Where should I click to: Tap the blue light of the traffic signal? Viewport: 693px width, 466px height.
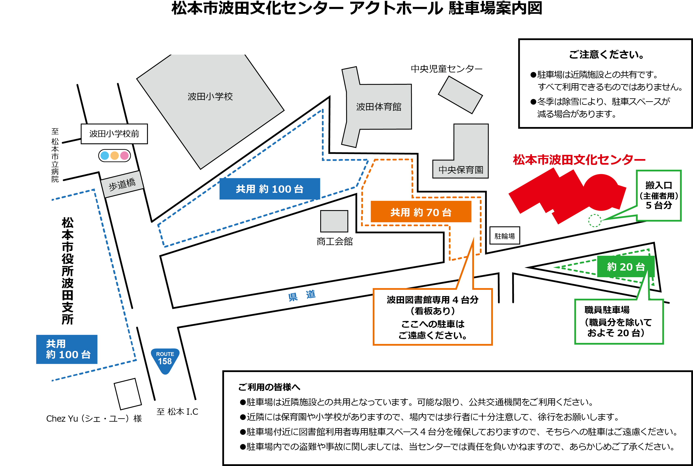[105, 155]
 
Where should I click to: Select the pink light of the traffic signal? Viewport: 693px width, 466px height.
[124, 155]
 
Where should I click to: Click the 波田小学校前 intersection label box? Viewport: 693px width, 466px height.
[114, 134]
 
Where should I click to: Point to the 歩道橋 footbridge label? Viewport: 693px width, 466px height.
[122, 184]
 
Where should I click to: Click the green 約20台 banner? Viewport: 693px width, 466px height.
[626, 267]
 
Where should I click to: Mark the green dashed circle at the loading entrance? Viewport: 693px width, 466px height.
[595, 221]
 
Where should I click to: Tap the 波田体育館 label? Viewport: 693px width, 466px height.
[379, 107]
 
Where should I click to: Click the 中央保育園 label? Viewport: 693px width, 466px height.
[461, 170]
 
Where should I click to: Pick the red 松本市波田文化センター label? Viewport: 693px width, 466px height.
[579, 160]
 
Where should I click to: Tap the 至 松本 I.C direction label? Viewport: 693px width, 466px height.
[177, 412]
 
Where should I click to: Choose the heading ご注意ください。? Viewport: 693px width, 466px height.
[606, 55]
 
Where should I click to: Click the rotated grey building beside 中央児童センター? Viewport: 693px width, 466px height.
[460, 95]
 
